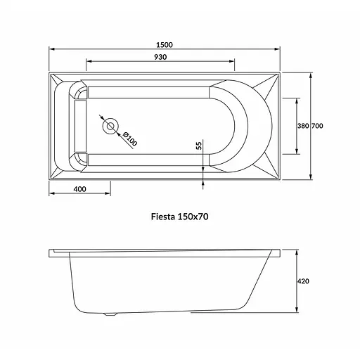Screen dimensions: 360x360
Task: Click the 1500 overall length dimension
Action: (165, 45)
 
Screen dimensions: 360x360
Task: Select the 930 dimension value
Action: (160, 57)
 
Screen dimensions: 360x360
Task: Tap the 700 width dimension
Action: (317, 126)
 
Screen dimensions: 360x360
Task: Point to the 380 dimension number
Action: (303, 126)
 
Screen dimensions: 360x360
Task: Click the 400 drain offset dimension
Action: (80, 189)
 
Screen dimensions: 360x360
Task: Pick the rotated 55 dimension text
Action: (199, 146)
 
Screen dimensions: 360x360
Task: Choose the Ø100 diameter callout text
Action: (129, 139)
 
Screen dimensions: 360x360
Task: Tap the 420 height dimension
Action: (303, 281)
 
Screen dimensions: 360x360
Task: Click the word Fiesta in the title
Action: (163, 217)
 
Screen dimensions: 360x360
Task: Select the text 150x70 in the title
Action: (193, 217)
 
